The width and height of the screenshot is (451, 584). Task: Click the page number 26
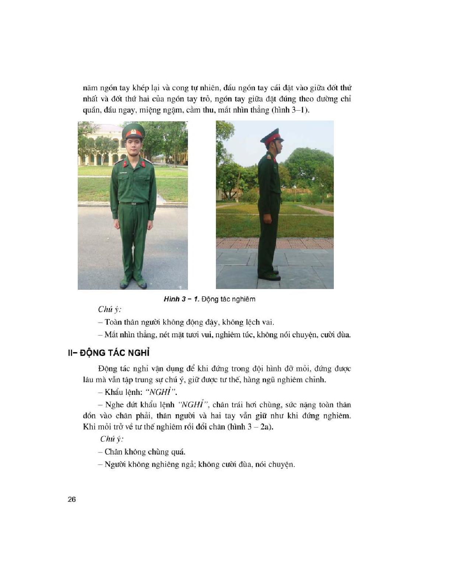point(72,500)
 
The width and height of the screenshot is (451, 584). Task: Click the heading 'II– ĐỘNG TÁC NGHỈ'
point(109,353)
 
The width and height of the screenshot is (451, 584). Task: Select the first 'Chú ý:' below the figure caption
point(110,309)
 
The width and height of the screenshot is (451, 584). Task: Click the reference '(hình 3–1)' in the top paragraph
point(291,110)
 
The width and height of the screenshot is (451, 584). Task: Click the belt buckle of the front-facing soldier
point(133,203)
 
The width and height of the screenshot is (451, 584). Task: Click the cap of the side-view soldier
point(272,136)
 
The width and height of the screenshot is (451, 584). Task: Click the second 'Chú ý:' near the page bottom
point(112,439)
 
